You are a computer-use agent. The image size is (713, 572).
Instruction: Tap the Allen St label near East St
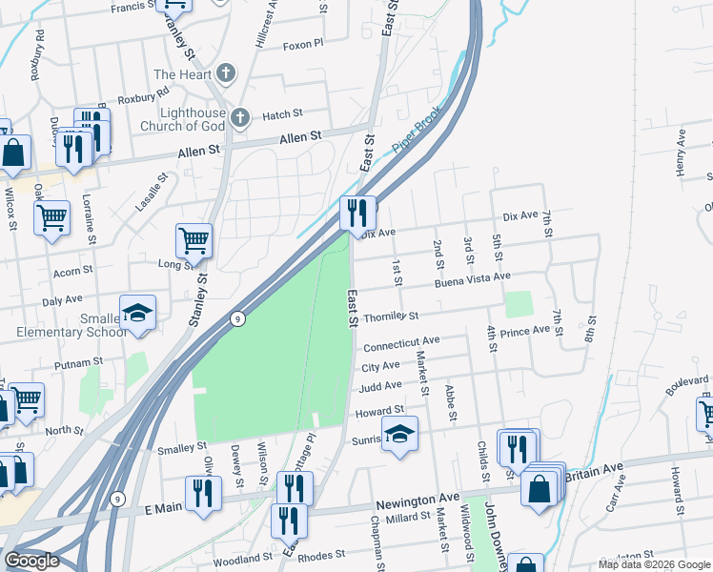(300, 139)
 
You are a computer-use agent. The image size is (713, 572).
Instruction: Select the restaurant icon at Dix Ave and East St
(356, 212)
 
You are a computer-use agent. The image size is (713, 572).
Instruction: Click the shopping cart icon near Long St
(194, 241)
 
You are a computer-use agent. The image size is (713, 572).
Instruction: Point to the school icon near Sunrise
(400, 434)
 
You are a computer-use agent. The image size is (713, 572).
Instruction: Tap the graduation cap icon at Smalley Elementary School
(138, 313)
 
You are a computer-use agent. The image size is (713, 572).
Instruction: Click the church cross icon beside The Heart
(226, 73)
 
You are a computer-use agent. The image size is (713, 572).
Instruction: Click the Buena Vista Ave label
(473, 279)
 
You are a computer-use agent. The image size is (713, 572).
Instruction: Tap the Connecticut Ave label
(401, 342)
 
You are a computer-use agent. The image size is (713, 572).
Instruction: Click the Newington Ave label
(418, 500)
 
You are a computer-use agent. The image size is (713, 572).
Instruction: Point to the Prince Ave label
(525, 331)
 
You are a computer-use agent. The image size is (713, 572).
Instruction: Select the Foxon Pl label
(304, 43)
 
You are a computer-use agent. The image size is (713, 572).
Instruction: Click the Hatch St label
(282, 115)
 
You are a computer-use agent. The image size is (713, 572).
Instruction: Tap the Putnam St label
(79, 363)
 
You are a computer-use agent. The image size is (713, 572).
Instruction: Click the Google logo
(32, 561)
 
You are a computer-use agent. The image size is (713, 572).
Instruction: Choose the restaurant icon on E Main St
(204, 493)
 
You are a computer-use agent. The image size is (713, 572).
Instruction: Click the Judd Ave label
(380, 387)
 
